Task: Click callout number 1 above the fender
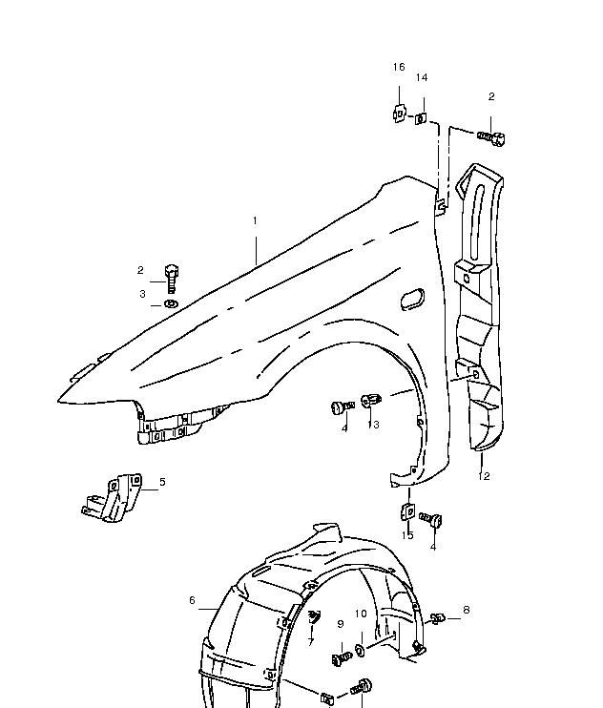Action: point(255,220)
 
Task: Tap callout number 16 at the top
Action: point(399,68)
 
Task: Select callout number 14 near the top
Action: point(422,77)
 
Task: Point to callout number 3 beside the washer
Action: point(142,294)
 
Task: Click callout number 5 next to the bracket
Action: point(162,482)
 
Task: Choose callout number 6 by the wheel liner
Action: point(193,600)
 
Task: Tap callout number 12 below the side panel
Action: point(484,476)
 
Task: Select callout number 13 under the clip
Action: point(373,425)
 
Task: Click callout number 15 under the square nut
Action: point(407,535)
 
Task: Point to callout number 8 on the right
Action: point(467,610)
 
